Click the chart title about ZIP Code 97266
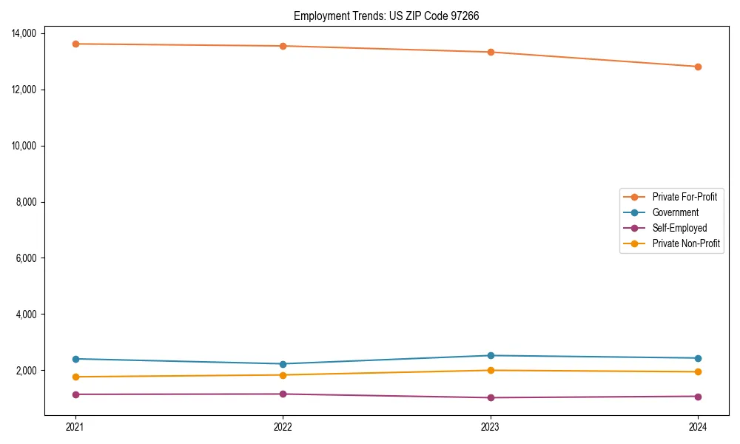386,16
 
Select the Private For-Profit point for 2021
75,44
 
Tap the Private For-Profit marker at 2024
698,67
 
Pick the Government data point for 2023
490,356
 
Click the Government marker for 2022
283,364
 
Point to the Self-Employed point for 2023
490,397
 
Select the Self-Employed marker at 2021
75,394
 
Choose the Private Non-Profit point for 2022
283,375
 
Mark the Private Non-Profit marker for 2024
698,371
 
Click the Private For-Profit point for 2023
490,52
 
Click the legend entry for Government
675,212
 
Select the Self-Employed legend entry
679,228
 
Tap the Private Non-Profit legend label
686,243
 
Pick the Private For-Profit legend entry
684,197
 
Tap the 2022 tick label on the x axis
283,426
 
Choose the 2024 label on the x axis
698,426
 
